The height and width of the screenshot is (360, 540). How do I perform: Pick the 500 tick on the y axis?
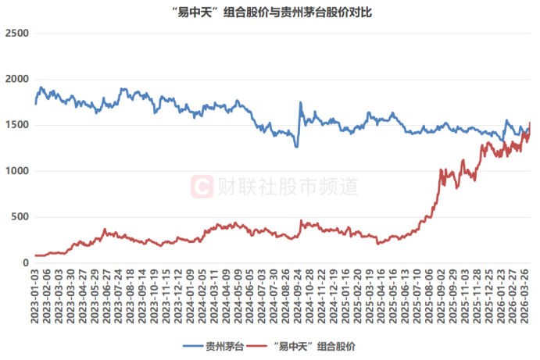19,218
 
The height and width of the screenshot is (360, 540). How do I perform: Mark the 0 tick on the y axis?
25,264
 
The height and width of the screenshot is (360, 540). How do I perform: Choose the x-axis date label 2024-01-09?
191,298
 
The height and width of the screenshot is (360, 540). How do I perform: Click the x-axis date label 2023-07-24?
120,298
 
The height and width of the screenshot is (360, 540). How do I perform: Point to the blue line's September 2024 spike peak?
301,102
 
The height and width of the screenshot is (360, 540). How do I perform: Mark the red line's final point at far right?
531,123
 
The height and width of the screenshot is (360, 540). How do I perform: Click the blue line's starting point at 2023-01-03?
36,104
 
